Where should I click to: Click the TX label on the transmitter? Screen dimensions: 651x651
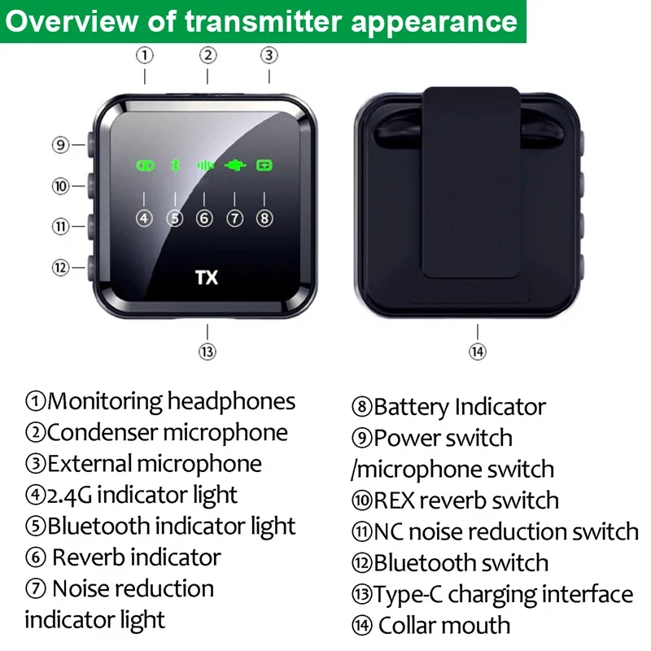coord(207,277)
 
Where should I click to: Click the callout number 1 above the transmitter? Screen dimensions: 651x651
coord(145,55)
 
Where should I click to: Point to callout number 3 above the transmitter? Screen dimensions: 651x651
coord(269,55)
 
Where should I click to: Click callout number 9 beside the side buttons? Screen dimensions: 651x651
coord(60,146)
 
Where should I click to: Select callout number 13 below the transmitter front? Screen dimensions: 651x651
coord(208,352)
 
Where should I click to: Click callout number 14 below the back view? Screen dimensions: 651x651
coord(478,352)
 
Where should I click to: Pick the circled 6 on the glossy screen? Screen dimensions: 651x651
coord(204,218)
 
